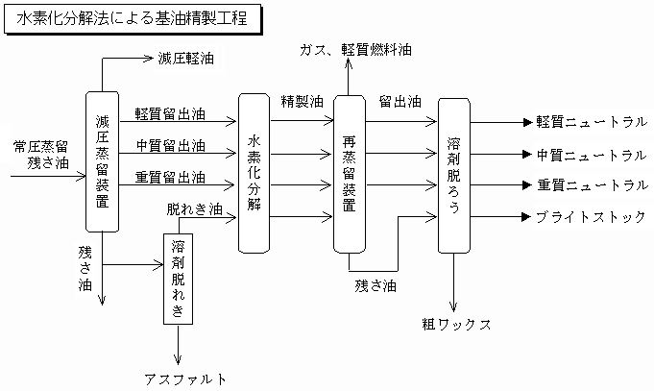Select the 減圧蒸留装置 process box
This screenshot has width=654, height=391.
click(x=102, y=161)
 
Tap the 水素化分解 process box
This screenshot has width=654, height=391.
click(x=253, y=173)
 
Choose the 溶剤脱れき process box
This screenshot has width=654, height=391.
click(x=180, y=279)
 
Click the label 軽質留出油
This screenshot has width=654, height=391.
click(x=170, y=113)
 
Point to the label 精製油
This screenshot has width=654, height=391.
click(x=301, y=100)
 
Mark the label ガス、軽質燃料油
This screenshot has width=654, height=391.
click(x=354, y=47)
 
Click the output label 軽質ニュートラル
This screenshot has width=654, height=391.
click(x=591, y=122)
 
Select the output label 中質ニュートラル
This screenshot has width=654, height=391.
click(x=591, y=154)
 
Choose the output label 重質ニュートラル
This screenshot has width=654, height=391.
click(x=591, y=184)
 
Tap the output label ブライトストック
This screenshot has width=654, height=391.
click(x=591, y=216)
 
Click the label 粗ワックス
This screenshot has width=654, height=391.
click(x=457, y=323)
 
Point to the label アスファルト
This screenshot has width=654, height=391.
click(x=186, y=378)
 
